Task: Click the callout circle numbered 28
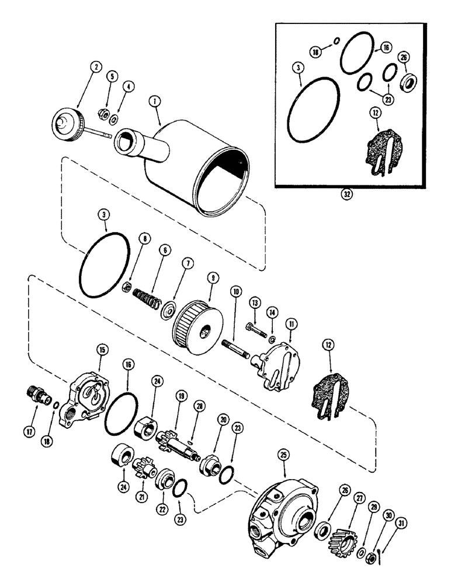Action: (x=201, y=407)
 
